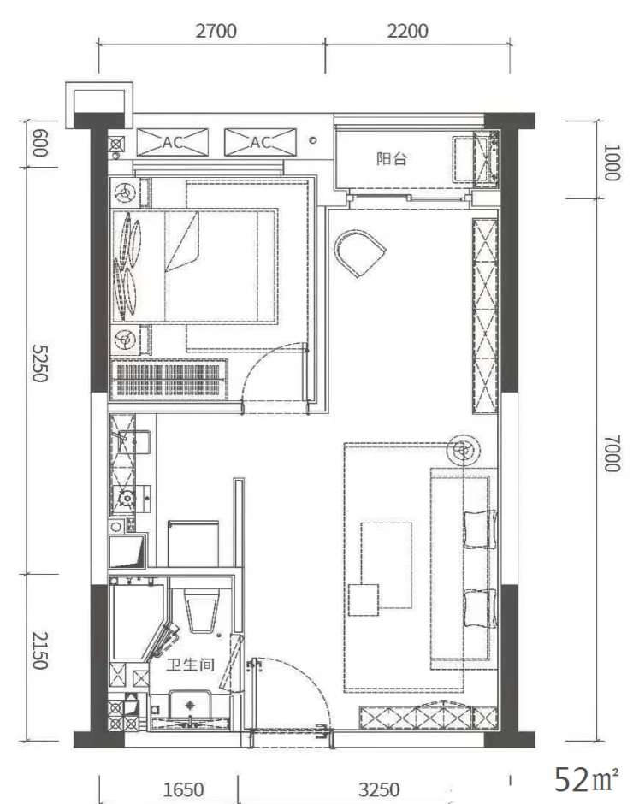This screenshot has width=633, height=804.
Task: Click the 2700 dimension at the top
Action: point(216,31)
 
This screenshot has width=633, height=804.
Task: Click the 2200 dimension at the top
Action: point(407,31)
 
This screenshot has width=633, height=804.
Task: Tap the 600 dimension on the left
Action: point(40,143)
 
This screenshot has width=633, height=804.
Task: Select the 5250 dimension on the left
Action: point(40,363)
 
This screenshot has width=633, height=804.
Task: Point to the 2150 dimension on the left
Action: point(40,650)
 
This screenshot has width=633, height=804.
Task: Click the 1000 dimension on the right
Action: point(612,162)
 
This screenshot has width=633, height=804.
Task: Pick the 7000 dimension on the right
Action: point(612,453)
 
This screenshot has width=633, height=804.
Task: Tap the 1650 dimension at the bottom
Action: point(183,789)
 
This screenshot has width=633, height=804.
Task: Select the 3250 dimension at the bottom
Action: point(379,789)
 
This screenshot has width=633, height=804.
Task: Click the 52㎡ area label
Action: point(586,779)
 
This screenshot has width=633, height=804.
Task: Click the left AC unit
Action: point(172,142)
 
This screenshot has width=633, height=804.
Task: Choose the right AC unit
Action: point(260,142)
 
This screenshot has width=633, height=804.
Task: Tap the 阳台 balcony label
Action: point(392,158)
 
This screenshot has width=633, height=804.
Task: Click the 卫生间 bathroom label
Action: point(190,665)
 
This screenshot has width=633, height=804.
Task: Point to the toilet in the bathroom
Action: point(202,610)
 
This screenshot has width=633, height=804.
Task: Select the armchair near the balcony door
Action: point(359,253)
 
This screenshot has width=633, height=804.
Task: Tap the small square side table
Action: point(364,600)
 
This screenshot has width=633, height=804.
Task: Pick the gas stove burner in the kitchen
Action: point(125,496)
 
